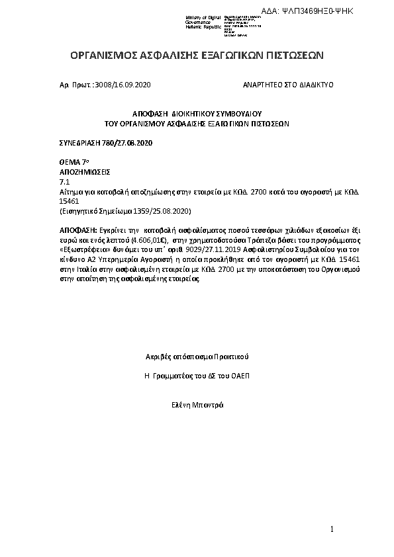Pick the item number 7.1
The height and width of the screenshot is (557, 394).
(65, 181)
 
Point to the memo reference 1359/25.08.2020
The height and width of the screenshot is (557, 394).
(158, 210)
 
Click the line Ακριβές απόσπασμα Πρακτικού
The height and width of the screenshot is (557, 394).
(197, 357)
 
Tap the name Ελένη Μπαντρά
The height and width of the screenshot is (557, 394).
(197, 404)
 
